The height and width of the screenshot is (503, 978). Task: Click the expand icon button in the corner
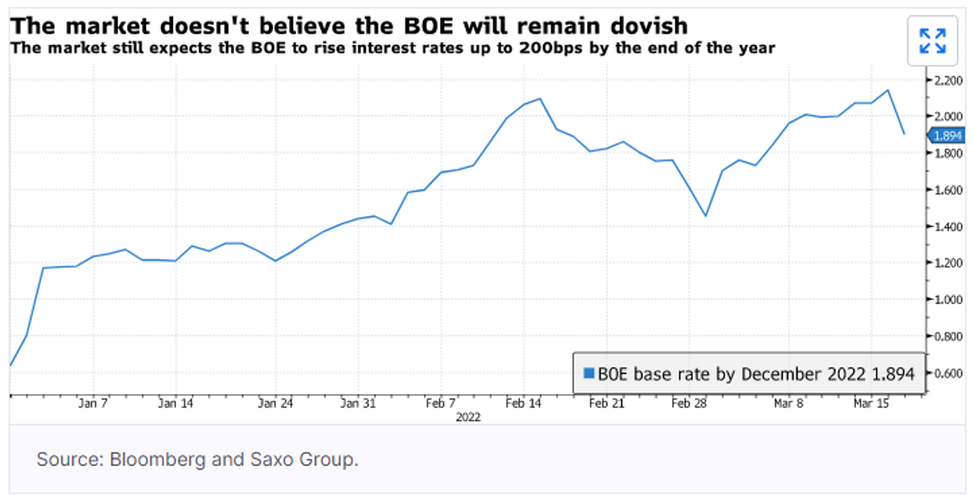(932, 41)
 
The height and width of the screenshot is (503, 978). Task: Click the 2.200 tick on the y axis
(944, 80)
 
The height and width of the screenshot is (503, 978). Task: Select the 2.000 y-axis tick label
(944, 117)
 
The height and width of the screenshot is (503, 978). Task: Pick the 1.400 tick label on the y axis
(944, 227)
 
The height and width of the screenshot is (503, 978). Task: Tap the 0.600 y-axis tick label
(944, 373)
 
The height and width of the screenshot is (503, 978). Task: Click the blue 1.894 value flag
(946, 135)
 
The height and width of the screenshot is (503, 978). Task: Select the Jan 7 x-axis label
(94, 404)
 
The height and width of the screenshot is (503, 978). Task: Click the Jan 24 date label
(275, 404)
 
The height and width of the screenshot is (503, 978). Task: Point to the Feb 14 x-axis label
(523, 404)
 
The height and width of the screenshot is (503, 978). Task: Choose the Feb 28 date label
(689, 404)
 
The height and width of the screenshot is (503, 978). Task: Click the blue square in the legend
(588, 373)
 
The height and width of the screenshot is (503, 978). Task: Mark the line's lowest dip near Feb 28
(705, 216)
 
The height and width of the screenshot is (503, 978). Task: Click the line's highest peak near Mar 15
(888, 90)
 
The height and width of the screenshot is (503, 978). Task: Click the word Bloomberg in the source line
(153, 460)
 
